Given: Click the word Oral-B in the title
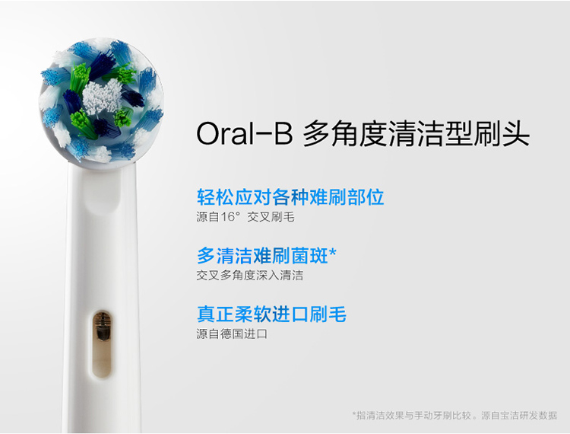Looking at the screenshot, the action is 244,133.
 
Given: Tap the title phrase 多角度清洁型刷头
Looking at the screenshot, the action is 416,133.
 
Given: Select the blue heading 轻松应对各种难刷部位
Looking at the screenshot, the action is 290,197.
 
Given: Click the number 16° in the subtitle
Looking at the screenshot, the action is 230,217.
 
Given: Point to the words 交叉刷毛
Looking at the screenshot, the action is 271,217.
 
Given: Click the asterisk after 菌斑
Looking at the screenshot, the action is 333,252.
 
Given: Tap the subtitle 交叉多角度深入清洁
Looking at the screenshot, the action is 250,276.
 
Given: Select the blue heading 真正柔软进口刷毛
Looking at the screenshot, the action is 271,314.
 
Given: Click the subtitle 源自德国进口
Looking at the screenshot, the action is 232,333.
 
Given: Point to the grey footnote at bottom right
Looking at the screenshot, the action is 454,415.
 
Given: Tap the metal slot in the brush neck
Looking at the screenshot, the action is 102,344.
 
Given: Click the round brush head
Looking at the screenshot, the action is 101,102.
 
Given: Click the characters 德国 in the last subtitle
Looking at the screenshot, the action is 232,333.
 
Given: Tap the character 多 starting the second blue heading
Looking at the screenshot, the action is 206,255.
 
